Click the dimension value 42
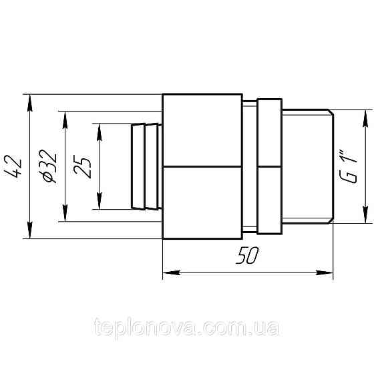(x=16, y=166)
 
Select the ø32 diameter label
(x=51, y=166)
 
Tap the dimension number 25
(x=83, y=166)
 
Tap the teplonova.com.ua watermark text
(x=187, y=328)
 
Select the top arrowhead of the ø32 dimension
(x=65, y=116)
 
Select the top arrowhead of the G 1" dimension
(x=365, y=116)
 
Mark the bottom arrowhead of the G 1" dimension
(x=365, y=217)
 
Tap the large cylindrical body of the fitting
(x=202, y=166)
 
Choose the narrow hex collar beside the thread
(x=269, y=166)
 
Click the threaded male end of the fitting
(x=307, y=166)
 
